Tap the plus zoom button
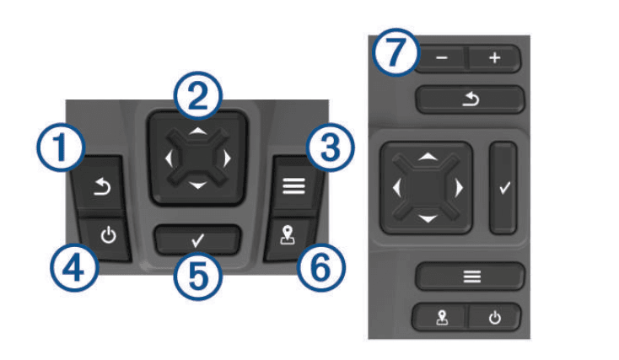(x=495, y=59)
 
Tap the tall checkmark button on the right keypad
(x=503, y=188)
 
